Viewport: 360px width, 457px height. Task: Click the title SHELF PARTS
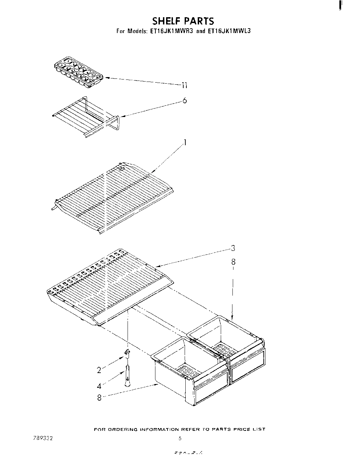183,21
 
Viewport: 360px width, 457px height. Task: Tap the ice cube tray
79,72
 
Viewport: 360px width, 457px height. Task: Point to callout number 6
185,100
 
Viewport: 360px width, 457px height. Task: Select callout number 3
233,248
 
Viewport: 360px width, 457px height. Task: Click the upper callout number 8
233,262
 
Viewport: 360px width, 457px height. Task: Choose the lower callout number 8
99,398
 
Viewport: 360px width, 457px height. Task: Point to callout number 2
99,370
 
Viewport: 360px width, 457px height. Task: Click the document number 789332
41,438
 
